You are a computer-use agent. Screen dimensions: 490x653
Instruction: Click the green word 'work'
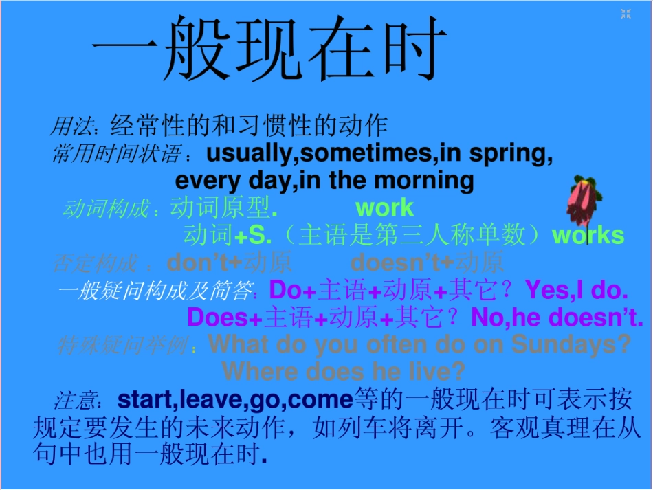(x=384, y=208)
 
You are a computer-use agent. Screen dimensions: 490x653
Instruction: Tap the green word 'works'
(x=588, y=235)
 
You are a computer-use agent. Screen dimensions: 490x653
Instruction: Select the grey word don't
(x=197, y=263)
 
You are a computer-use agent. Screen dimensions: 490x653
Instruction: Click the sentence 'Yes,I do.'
(x=577, y=290)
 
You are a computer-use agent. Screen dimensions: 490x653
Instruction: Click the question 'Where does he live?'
(x=344, y=372)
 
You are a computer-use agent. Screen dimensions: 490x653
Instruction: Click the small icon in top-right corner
(x=626, y=14)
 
